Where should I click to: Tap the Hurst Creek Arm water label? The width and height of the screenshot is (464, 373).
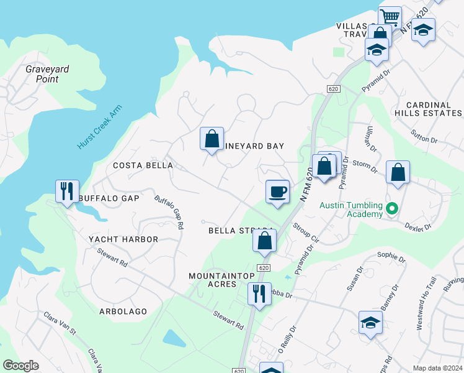coord(99,127)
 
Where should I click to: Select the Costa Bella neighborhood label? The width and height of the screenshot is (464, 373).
coord(143,165)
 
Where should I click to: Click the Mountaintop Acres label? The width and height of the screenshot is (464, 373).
coord(213,279)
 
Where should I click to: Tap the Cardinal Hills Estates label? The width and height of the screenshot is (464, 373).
coord(434,109)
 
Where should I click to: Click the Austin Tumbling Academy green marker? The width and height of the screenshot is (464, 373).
coord(391,208)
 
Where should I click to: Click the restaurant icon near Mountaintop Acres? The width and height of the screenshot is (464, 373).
coord(259,293)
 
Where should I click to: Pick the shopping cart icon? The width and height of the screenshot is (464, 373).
coord(390,16)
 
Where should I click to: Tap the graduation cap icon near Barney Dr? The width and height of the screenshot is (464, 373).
coord(370,322)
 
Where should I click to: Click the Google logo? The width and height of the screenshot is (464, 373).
coord(21,366)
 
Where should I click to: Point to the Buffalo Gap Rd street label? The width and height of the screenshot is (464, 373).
coord(169,213)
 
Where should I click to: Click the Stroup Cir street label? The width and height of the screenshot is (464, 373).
coord(305,233)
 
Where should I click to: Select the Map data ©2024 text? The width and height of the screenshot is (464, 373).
coord(436,368)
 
